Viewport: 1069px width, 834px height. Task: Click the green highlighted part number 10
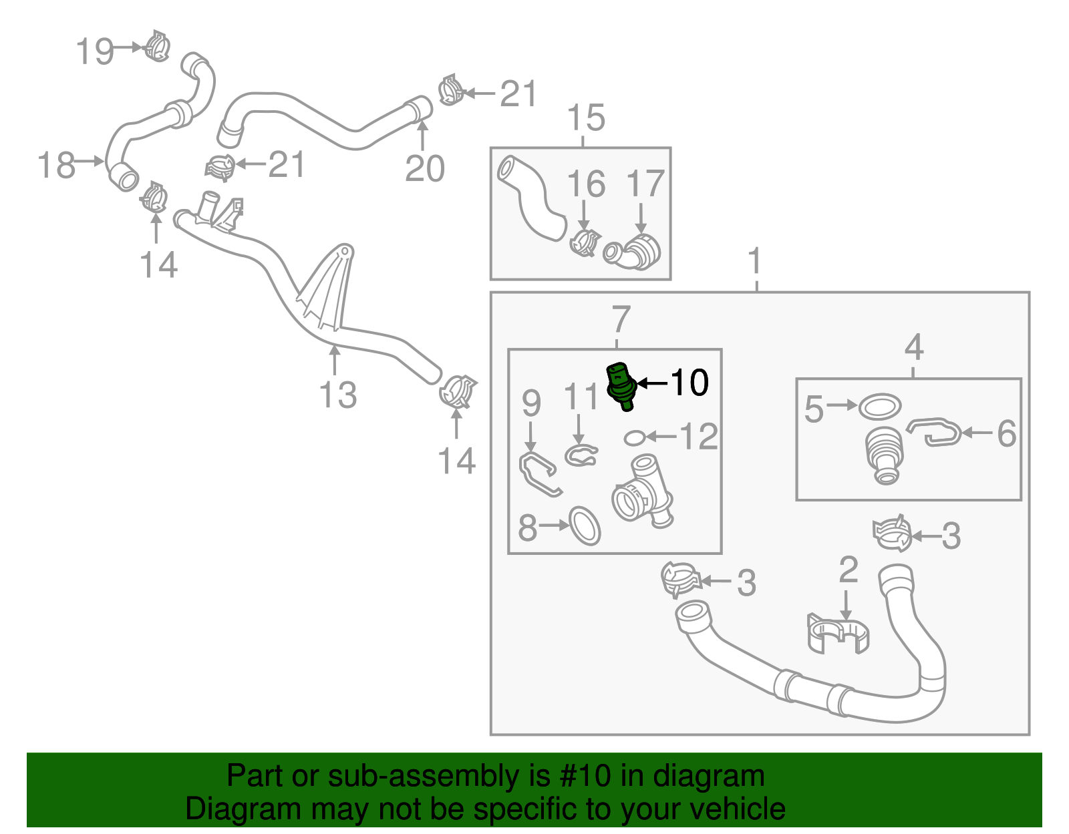tap(621, 387)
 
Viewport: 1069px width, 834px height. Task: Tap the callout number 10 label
tap(689, 383)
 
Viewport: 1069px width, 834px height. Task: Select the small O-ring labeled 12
tap(634, 438)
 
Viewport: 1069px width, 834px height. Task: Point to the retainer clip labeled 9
tap(539, 473)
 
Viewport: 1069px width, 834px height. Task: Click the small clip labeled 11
tap(580, 455)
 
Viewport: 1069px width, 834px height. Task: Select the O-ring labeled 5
tap(879, 405)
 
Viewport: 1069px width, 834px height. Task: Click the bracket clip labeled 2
tap(838, 634)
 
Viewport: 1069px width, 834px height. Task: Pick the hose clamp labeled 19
tap(158, 47)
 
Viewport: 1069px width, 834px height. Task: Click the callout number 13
tap(338, 395)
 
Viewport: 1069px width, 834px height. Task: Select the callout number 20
tap(425, 168)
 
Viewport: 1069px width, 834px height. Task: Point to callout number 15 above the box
tap(586, 118)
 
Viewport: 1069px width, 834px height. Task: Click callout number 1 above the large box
tap(755, 261)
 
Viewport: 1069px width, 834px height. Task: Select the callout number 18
tap(56, 164)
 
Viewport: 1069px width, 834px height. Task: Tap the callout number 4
tap(913, 347)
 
